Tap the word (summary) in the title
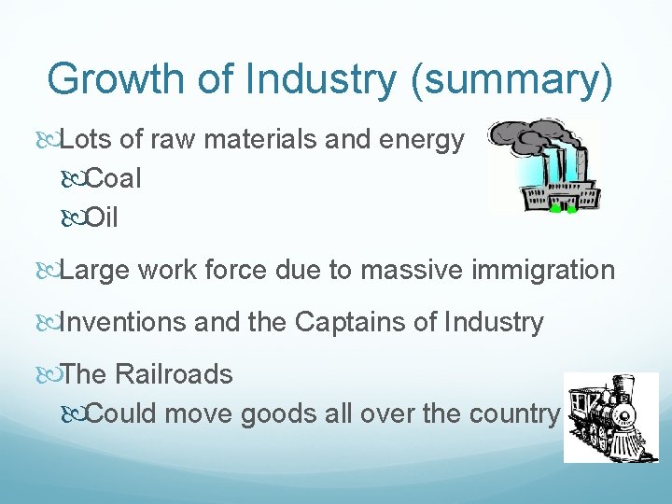511,79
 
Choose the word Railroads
174,375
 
